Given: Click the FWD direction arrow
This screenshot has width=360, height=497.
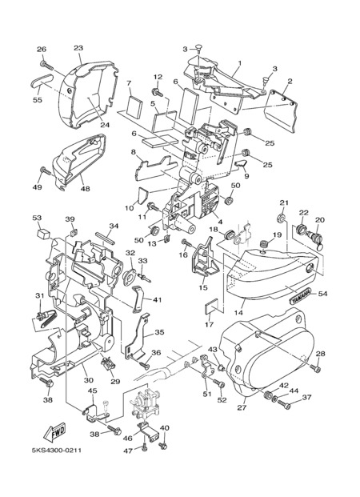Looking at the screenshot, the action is tap(55, 432).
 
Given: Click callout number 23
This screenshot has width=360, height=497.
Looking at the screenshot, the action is tap(78, 48).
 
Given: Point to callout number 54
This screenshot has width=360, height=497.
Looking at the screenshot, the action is tap(323, 294).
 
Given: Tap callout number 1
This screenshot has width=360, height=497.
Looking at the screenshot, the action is tap(239, 62).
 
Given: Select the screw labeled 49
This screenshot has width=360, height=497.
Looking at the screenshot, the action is tap(46, 171).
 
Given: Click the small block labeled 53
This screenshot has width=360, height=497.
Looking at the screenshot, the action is tap(43, 233).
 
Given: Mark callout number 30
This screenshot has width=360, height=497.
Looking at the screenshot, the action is tap(89, 380).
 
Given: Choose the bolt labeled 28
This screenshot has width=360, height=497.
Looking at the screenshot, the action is tap(315, 368).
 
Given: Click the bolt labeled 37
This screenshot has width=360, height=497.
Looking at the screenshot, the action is tap(284, 404).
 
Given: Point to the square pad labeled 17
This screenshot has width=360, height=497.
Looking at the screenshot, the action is tap(211, 307).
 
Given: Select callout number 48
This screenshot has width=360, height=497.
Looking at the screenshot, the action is tap(85, 188).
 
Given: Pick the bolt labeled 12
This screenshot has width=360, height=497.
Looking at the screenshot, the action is tap(158, 93).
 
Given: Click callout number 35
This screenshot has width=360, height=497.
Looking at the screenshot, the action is tap(159, 332).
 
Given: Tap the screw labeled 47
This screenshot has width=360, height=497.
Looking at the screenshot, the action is tap(145, 447).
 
